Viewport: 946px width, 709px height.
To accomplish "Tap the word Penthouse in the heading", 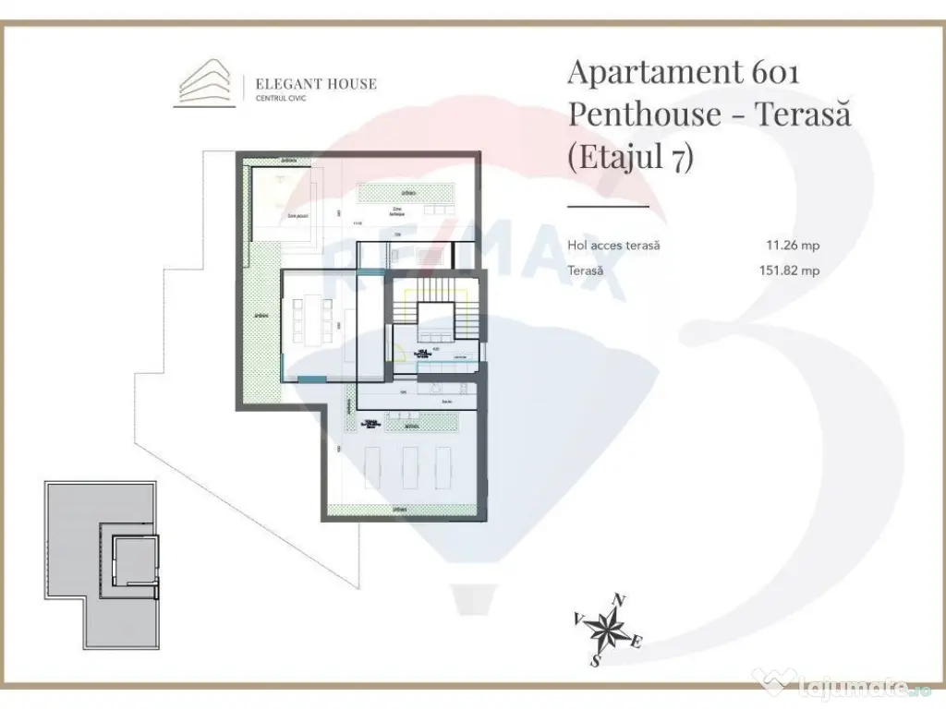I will tap(644, 114).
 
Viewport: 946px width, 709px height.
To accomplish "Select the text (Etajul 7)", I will tap(629, 157).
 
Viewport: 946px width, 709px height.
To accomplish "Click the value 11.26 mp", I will tap(793, 246).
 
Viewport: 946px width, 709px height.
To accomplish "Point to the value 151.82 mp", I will tap(788, 270).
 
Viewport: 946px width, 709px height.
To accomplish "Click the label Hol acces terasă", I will tap(613, 246).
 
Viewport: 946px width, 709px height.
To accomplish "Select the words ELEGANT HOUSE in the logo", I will tap(316, 84).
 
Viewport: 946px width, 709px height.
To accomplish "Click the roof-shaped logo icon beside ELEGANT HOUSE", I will tap(205, 84).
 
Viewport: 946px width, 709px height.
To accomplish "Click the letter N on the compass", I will tap(620, 601).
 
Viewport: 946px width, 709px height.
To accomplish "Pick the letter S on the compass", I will tap(596, 661).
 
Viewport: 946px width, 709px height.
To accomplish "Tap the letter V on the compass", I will tap(578, 618).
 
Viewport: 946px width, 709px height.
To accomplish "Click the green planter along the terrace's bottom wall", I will tap(401, 510).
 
